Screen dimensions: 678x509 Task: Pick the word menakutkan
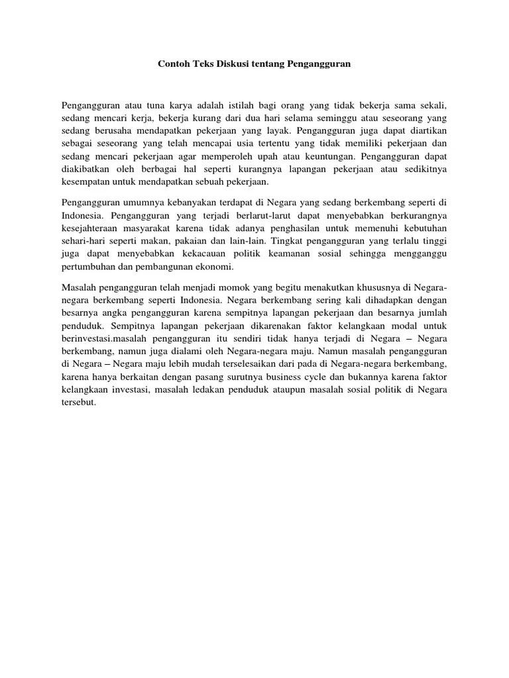[340, 287]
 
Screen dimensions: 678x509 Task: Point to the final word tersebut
[79, 403]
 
